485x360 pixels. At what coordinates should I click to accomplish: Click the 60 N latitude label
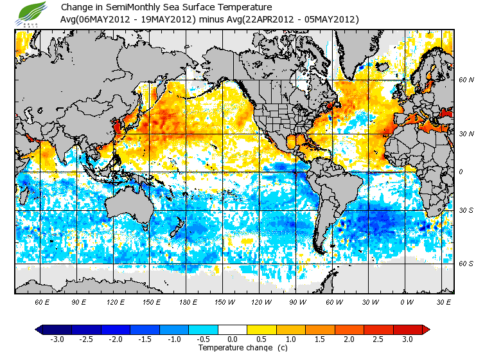(465, 80)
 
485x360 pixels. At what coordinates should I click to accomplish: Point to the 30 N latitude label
(465, 134)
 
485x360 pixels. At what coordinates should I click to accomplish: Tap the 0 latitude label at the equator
(461, 172)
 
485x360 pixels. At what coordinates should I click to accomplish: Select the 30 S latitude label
(465, 211)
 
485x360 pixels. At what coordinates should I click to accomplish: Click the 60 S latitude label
(465, 264)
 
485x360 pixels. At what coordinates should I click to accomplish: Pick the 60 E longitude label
(42, 301)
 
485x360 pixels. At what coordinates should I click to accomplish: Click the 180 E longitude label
(188, 301)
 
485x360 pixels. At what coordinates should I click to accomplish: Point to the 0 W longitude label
(406, 301)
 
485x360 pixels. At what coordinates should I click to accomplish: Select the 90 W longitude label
(297, 301)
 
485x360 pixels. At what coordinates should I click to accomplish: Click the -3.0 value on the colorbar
(57, 339)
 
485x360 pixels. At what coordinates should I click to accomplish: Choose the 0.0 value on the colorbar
(233, 339)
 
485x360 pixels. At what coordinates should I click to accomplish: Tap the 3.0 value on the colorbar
(407, 339)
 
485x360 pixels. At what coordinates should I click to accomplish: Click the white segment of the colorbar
(233, 330)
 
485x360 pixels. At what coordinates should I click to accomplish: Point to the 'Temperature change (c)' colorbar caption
(233, 348)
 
